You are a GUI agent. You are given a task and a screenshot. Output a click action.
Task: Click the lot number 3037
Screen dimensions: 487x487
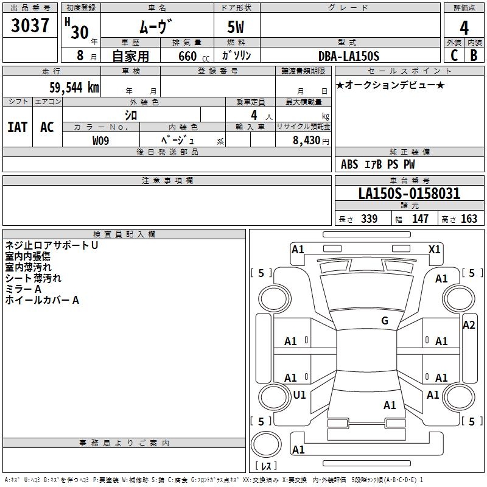click(x=30, y=26)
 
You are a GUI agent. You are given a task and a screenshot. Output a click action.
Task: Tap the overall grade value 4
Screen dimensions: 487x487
click(x=464, y=28)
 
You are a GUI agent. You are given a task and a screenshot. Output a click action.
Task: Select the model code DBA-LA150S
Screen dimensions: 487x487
click(x=349, y=56)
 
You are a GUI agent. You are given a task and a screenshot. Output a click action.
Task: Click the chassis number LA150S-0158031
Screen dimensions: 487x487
click(x=409, y=194)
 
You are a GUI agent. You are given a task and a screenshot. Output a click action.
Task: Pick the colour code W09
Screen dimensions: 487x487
click(x=101, y=140)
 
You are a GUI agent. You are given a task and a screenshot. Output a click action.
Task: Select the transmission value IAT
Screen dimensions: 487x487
click(x=17, y=127)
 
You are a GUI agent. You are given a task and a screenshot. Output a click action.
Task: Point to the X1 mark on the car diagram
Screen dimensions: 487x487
click(x=434, y=249)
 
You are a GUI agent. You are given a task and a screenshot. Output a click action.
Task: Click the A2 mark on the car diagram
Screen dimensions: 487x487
click(x=468, y=324)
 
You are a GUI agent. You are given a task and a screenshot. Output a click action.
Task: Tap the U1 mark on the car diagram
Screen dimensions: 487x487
click(x=300, y=394)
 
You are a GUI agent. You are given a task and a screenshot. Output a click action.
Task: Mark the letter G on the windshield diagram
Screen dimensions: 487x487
click(x=384, y=321)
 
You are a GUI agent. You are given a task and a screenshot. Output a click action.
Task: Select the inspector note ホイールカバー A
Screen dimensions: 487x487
click(x=42, y=300)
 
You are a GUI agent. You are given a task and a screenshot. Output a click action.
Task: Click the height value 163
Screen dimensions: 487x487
click(x=469, y=219)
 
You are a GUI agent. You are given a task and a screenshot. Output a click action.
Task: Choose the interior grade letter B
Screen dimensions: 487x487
click(x=473, y=55)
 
